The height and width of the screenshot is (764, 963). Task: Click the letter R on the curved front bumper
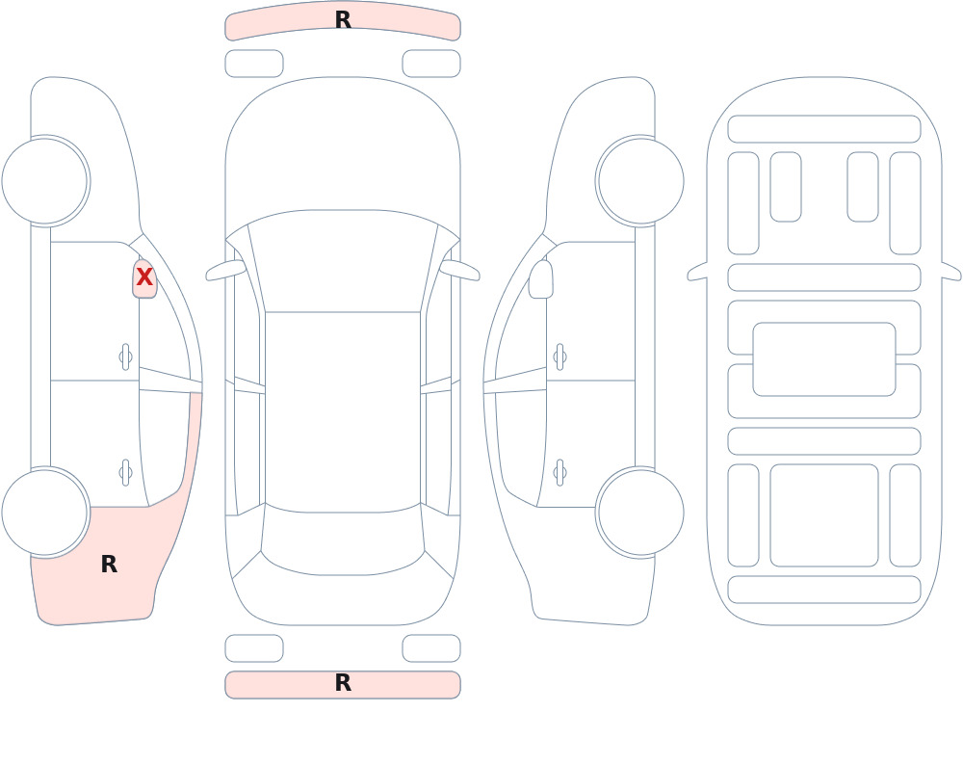[344, 19]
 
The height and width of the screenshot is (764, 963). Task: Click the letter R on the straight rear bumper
[344, 683]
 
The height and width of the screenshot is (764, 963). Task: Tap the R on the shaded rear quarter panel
[109, 565]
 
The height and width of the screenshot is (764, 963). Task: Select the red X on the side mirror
[144, 277]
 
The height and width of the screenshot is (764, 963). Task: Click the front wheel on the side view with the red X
[45, 181]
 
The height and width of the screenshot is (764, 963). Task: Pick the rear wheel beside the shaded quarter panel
[45, 512]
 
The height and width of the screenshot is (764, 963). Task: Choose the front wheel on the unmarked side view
[640, 181]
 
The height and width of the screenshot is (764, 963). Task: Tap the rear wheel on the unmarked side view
[640, 512]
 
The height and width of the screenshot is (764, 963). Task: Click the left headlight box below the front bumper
[254, 64]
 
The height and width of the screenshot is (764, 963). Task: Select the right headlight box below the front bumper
[431, 64]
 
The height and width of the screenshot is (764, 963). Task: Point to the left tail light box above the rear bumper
[254, 648]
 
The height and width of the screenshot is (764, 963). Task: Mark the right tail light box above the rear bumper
[431, 648]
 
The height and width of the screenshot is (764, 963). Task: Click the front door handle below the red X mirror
[125, 356]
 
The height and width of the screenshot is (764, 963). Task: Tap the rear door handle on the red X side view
[125, 473]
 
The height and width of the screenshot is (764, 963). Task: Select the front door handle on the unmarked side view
[560, 356]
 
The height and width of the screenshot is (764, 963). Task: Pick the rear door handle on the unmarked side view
[560, 473]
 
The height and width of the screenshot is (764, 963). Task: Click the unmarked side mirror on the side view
[540, 279]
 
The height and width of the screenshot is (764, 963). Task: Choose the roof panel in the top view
[343, 411]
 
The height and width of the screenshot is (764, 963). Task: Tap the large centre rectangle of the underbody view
[824, 359]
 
